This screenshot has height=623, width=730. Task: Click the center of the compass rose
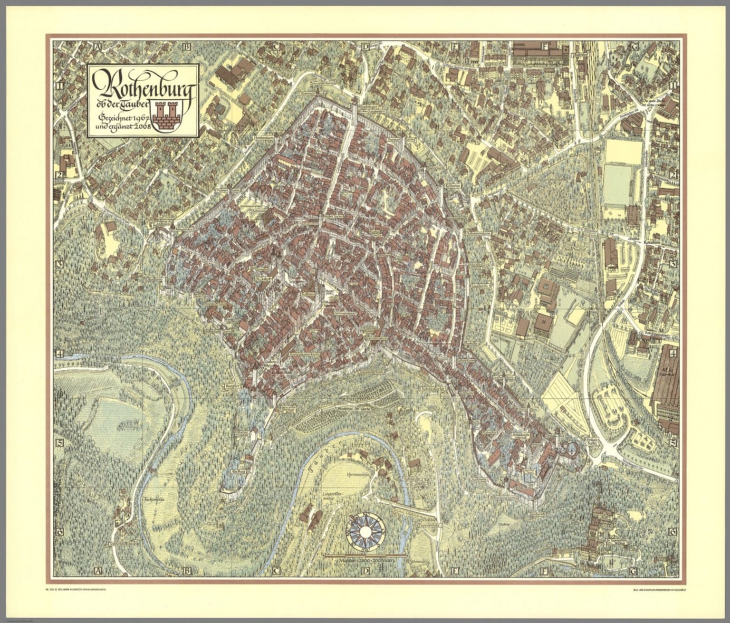(365, 531)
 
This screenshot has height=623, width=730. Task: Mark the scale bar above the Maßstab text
(365, 555)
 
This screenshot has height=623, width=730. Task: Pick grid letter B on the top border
(186, 47)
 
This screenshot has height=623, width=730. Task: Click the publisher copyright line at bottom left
(78, 591)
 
